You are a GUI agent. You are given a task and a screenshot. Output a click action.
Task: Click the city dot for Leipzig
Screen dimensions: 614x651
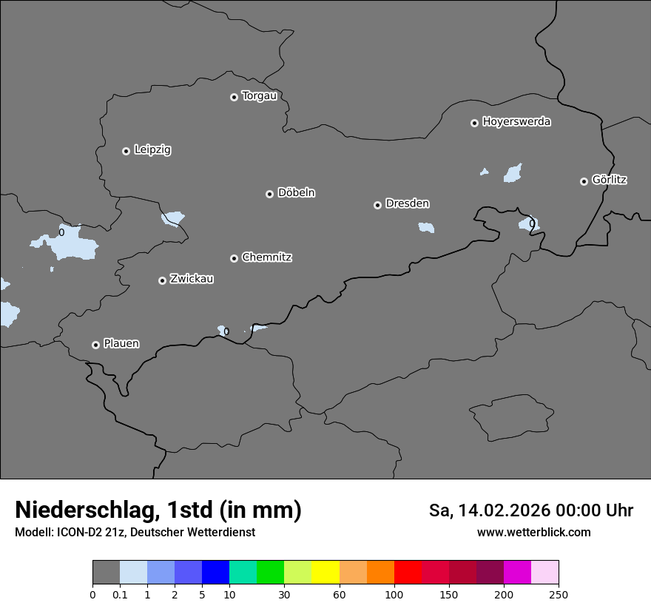click(126, 151)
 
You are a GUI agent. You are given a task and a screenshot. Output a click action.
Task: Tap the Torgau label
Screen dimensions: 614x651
click(259, 96)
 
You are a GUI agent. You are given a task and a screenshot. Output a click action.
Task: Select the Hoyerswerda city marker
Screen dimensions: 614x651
click(474, 123)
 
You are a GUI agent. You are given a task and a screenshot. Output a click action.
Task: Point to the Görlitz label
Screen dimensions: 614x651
click(610, 180)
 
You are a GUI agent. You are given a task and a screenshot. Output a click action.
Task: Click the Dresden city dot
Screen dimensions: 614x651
click(377, 205)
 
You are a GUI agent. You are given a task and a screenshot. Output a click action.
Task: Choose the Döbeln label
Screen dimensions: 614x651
click(296, 193)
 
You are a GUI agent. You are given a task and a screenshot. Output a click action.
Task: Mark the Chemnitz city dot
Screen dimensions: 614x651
click(234, 258)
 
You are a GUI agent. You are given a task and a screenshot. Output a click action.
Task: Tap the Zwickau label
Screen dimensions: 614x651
click(192, 279)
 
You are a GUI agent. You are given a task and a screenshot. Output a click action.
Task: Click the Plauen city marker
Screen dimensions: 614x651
click(95, 345)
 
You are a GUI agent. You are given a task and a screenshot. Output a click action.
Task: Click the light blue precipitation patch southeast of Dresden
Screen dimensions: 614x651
click(426, 227)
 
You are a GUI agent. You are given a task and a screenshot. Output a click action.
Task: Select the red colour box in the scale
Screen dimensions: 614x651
click(408, 573)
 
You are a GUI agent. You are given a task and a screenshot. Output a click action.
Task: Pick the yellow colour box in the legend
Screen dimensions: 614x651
click(325, 573)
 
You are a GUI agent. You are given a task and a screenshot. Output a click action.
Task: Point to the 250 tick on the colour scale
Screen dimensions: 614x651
click(559, 594)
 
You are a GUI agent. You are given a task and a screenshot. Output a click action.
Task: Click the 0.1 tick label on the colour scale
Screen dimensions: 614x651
click(120, 594)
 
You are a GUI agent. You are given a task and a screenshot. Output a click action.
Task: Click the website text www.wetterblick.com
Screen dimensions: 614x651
click(533, 532)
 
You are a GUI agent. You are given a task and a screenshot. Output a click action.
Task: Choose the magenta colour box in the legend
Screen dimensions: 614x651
click(517, 573)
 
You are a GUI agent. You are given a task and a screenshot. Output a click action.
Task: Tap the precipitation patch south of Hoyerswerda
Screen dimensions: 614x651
click(513, 174)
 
